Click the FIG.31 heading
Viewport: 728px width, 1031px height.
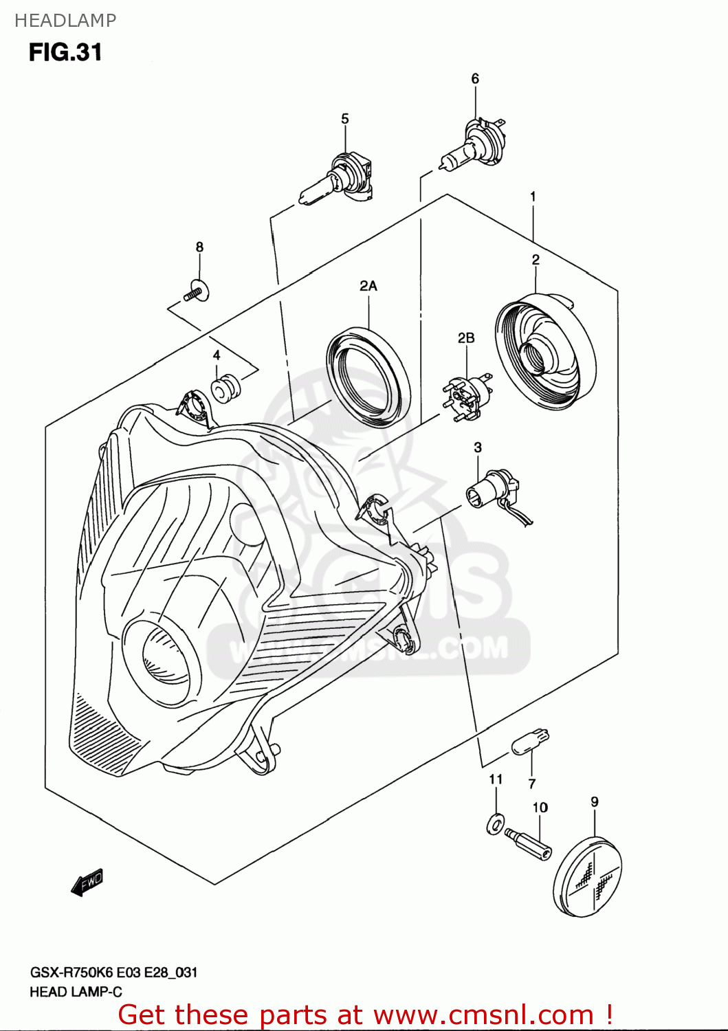coord(65,52)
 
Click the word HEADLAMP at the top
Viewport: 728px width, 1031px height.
coord(65,21)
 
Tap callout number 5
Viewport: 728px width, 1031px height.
coord(345,119)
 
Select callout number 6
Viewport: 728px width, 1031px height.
coord(475,79)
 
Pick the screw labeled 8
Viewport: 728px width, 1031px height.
coord(197,291)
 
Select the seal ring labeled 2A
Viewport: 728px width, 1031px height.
coord(368,378)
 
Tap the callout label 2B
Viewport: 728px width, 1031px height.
coord(466,337)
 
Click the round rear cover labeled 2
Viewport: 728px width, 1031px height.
coord(545,351)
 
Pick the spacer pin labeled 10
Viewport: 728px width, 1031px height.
coord(528,843)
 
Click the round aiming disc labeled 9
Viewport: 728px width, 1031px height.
coord(588,876)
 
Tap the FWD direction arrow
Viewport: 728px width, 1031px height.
coord(87,883)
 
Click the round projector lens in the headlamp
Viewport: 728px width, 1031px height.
coord(163,656)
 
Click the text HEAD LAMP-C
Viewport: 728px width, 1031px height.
coord(76,992)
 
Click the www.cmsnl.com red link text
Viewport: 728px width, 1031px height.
coord(485,1015)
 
